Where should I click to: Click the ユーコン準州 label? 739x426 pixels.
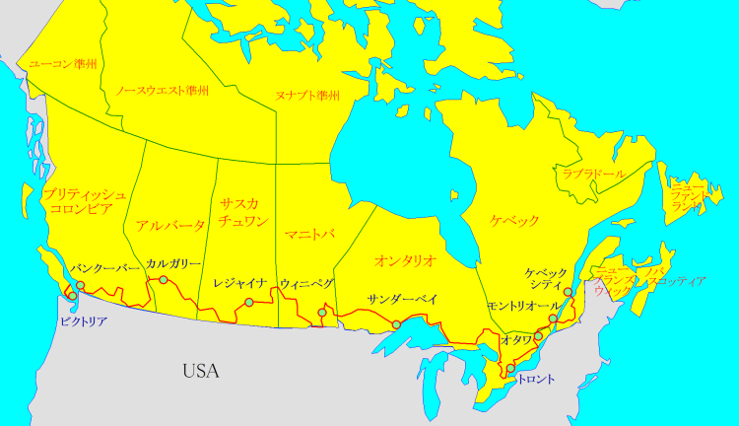[63, 64]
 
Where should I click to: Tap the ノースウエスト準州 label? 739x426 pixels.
[162, 90]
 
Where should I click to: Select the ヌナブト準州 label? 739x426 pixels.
[307, 96]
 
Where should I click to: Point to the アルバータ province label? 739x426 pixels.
[171, 225]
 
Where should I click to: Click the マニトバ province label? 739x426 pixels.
[309, 234]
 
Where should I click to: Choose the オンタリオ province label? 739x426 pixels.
[405, 260]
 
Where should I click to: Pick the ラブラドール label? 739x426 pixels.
[594, 174]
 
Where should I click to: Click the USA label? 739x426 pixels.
[200, 372]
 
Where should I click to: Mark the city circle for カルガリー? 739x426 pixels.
[164, 280]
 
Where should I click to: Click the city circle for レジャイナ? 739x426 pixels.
[249, 302]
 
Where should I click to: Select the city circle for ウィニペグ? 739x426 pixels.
[322, 314]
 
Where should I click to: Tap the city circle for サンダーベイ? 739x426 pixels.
[396, 325]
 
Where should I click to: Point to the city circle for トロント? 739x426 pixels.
[510, 370]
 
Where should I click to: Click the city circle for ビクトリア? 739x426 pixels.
[72, 296]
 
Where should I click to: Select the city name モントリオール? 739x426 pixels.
[523, 307]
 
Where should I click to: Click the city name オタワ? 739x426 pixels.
[516, 339]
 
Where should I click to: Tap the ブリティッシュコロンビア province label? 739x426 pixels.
[84, 201]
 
